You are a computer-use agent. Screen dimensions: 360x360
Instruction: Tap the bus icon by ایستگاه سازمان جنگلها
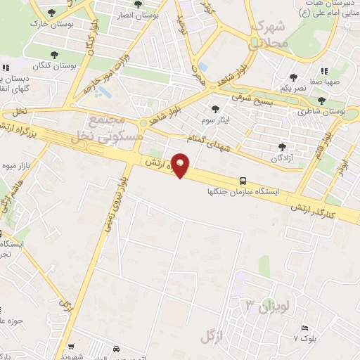point(243,180)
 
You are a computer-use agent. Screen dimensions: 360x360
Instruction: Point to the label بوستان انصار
point(155,14)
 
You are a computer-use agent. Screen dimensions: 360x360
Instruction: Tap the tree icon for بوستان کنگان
point(55,55)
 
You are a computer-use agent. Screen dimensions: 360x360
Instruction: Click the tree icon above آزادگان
point(282,147)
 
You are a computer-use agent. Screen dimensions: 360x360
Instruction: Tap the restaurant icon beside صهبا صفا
point(324,70)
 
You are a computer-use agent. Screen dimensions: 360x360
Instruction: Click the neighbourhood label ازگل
point(211,336)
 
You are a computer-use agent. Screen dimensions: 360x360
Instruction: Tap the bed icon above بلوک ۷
point(304,328)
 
